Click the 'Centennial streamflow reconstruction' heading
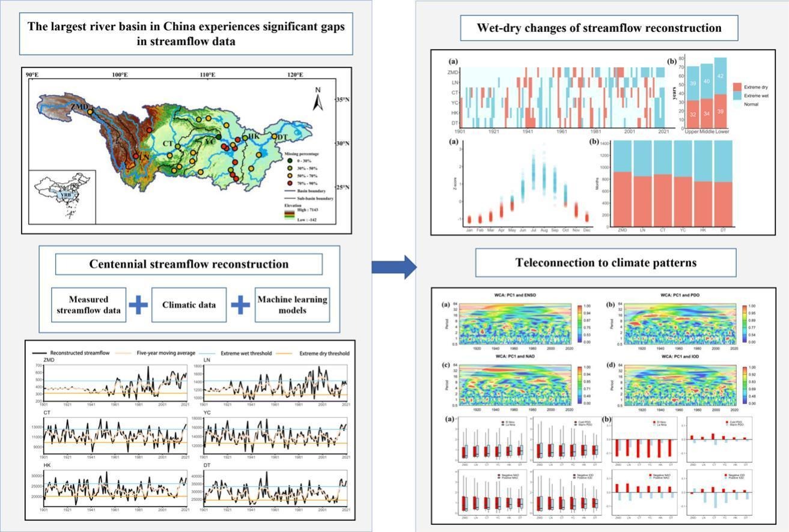pos(189,264)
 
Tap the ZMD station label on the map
pos(78,106)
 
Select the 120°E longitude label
pos(295,74)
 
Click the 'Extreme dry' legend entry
pos(759,86)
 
